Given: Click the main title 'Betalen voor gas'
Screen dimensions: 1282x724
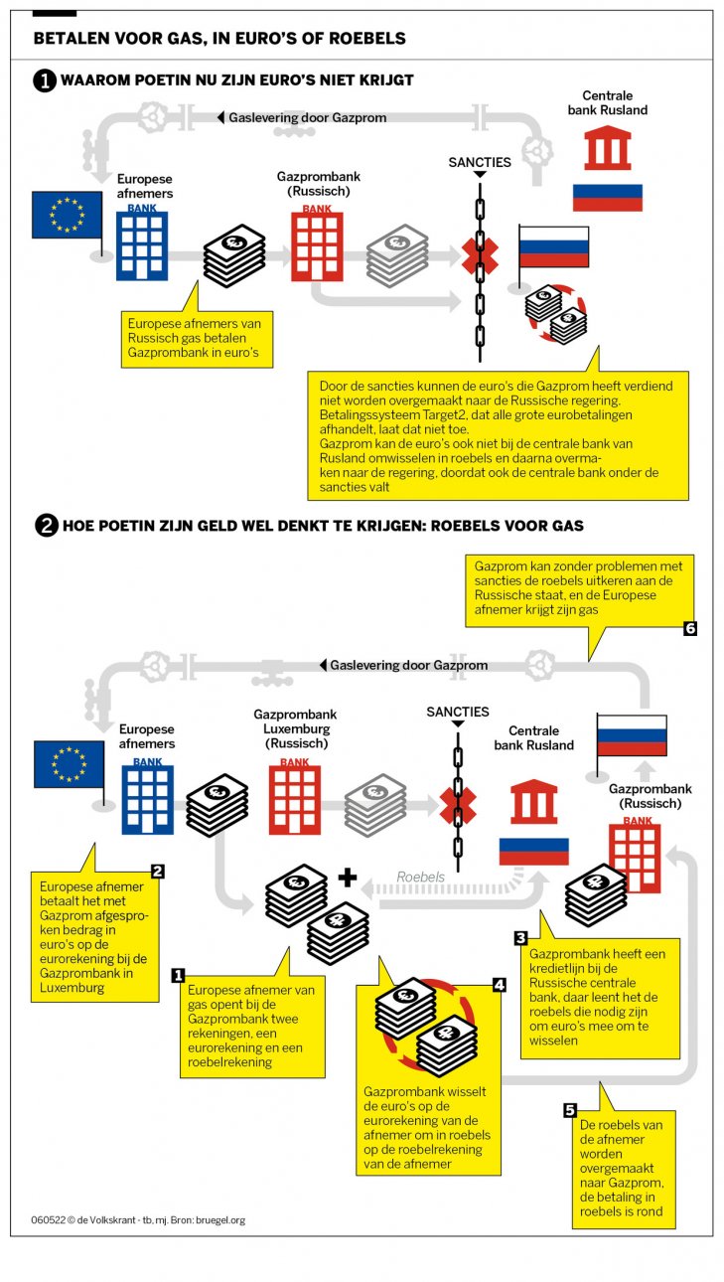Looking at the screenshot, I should pos(219,39).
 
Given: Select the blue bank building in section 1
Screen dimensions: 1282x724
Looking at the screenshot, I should pos(143,244).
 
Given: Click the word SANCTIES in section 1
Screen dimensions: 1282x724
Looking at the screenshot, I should pos(480,162).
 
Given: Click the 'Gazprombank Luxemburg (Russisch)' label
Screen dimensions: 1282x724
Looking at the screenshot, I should pos(295,728).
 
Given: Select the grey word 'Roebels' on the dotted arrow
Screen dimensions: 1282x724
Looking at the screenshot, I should pos(421,878).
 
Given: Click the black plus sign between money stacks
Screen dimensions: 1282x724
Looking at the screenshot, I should pos(347,878).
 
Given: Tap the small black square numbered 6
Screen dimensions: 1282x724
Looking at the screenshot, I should pos(691,628).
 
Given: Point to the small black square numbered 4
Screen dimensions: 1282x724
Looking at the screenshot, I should pos(500,984).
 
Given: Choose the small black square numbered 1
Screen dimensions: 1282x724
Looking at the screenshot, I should pos(179,975).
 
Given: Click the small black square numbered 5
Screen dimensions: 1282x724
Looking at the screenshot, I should pos(570,1110).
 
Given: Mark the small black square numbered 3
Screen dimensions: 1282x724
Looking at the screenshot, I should pos(520,937).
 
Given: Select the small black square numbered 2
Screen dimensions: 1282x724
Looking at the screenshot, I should pos(157,872).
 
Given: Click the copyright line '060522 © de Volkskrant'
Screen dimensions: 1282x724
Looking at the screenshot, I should pos(137,1219).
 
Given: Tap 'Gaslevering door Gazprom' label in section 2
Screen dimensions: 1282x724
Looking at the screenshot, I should pos(408,665).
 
